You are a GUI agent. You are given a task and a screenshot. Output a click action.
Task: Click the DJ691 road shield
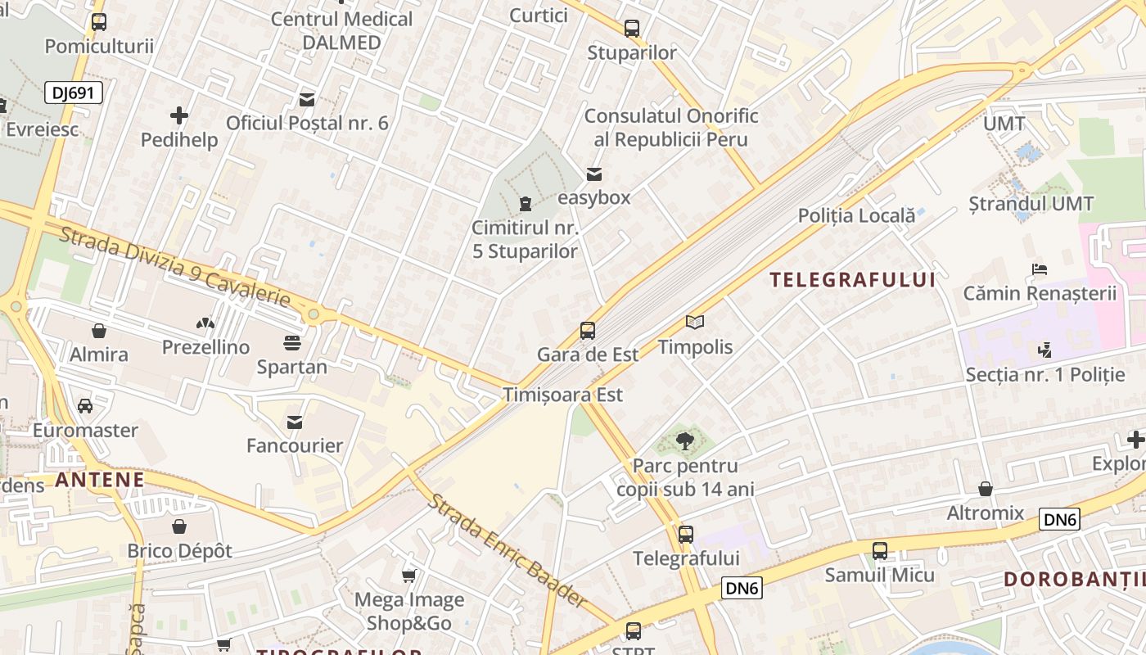74,93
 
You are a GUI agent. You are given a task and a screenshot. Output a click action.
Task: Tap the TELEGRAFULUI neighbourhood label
852,280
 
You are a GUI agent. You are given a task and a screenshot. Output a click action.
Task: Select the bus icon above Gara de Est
588,331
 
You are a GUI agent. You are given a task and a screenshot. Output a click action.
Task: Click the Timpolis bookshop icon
695,323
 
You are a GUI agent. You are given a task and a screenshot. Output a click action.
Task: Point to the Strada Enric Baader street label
508,550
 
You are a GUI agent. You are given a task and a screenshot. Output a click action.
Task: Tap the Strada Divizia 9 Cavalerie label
175,268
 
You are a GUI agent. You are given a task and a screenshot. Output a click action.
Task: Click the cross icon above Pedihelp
179,115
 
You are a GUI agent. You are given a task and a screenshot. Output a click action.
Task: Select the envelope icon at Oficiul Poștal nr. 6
307,100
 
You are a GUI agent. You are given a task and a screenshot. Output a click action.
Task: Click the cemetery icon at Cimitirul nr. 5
526,203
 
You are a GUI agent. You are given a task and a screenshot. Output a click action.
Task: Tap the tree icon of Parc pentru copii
684,442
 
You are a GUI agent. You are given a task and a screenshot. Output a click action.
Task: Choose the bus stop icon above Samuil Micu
880,551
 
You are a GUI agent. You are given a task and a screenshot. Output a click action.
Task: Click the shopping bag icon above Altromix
986,489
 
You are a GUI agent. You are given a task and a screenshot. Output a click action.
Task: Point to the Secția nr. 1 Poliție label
1045,375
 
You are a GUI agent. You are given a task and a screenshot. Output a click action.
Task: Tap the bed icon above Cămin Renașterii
1040,269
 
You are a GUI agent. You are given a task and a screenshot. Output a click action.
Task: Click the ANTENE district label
100,480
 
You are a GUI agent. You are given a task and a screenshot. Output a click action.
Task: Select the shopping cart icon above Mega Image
409,576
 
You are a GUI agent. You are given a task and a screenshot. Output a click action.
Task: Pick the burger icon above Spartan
292,342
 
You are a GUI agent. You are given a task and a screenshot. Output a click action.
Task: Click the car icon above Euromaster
85,406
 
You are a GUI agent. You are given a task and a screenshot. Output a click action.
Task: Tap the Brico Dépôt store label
179,551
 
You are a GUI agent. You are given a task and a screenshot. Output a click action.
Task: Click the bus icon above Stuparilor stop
632,29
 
